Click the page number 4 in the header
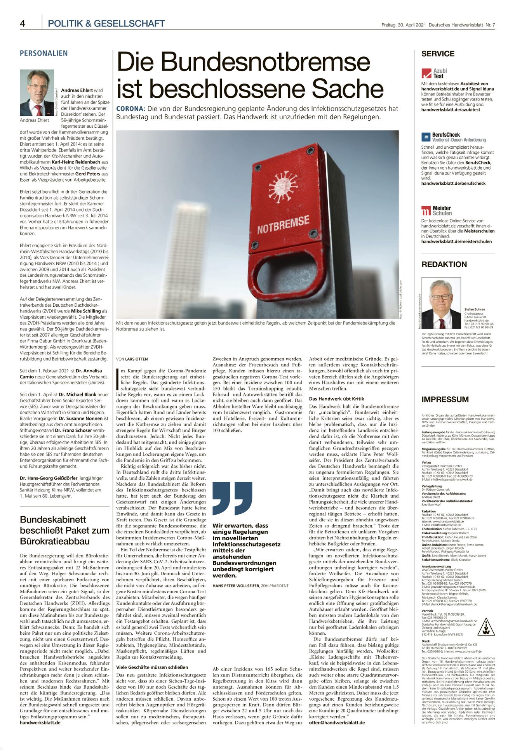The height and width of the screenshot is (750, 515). click(x=23, y=24)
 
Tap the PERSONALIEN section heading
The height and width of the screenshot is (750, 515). click(x=43, y=54)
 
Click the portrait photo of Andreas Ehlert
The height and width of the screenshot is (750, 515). click(x=37, y=93)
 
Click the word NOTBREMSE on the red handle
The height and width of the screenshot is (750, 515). click(x=283, y=225)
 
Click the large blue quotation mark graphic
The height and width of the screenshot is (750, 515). click(x=232, y=498)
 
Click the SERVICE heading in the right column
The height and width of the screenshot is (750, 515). click(x=438, y=54)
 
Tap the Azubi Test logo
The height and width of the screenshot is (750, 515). click(x=435, y=73)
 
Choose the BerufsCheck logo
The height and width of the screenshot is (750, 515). click(x=453, y=137)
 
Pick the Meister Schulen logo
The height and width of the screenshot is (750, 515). click(x=437, y=210)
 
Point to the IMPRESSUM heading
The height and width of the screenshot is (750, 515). click(x=445, y=399)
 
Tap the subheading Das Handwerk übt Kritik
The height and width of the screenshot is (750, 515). click(x=336, y=399)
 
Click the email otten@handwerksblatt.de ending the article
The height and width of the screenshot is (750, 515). click(x=337, y=722)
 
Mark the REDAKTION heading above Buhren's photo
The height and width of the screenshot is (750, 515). click(x=444, y=264)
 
